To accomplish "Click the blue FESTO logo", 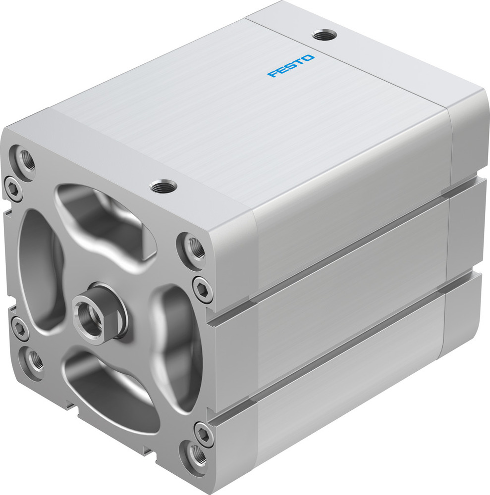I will click(290, 66).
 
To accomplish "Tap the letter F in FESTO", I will click(272, 75).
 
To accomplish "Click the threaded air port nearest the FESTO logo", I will click(325, 35).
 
